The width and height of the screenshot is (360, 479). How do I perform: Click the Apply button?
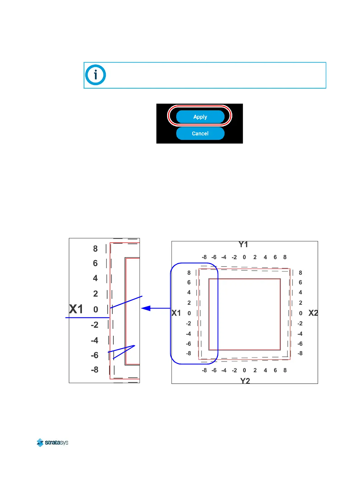click(200, 117)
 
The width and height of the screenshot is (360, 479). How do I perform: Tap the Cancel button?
click(200, 133)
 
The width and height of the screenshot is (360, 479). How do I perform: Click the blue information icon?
click(96, 75)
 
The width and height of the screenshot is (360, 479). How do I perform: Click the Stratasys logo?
click(53, 442)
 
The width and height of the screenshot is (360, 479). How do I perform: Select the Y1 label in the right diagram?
click(243, 244)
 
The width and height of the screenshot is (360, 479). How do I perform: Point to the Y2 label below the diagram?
click(245, 380)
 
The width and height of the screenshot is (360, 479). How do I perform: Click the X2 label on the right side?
click(313, 313)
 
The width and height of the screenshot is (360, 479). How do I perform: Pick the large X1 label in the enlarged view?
click(76, 309)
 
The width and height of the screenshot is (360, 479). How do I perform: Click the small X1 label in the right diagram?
click(176, 313)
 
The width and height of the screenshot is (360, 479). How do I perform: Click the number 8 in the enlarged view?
click(95, 249)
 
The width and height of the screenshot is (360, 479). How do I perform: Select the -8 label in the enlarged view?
click(95, 370)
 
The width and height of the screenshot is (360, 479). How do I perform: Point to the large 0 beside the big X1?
click(96, 309)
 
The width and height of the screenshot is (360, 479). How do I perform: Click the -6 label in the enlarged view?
click(95, 355)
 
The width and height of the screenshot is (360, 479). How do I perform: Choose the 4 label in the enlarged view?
click(95, 278)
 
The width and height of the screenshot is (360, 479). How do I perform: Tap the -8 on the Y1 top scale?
click(204, 257)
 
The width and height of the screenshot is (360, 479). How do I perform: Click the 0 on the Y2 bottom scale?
click(244, 370)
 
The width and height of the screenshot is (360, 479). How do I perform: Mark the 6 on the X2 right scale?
click(300, 282)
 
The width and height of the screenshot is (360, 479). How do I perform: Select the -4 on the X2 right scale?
click(300, 334)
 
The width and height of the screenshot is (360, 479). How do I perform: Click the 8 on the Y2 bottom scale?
click(285, 370)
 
